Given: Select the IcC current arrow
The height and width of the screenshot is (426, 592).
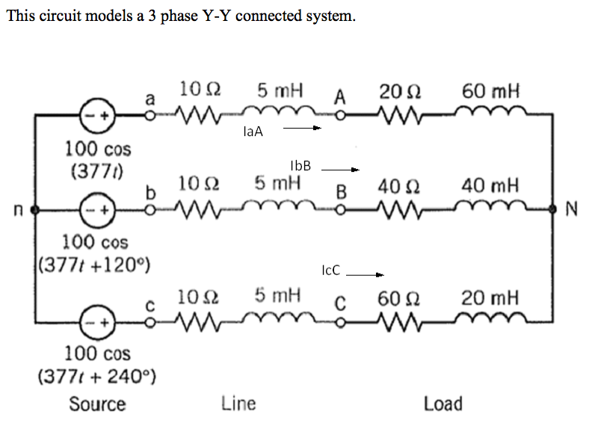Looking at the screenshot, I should pyautogui.click(x=364, y=274).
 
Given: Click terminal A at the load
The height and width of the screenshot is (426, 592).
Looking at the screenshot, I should pyautogui.click(x=340, y=117).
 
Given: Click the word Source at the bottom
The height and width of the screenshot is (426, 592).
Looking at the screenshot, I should pyautogui.click(x=97, y=404).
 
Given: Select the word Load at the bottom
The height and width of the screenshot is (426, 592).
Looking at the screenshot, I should pyautogui.click(x=443, y=404).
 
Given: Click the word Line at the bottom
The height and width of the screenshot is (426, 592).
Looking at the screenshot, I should pyautogui.click(x=238, y=404).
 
